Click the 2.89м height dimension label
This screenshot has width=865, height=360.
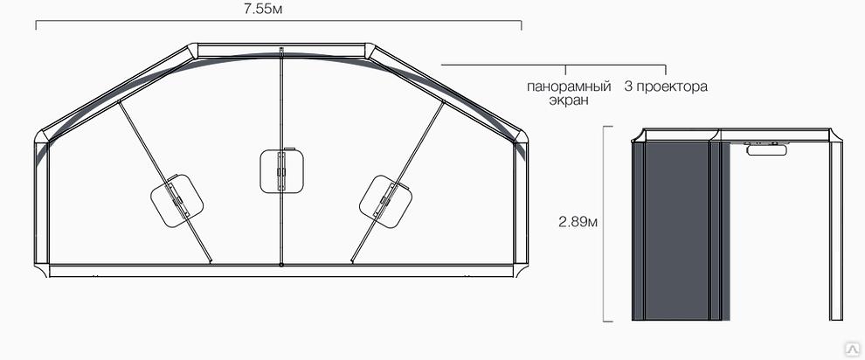click(x=578, y=222)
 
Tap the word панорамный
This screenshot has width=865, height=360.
click(x=569, y=87)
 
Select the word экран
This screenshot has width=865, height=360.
click(x=570, y=100)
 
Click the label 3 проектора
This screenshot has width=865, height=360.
click(x=666, y=87)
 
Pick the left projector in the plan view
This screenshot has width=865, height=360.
click(x=176, y=201)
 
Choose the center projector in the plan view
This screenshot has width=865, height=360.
click(x=282, y=171)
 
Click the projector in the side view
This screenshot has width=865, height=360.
click(x=767, y=148)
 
